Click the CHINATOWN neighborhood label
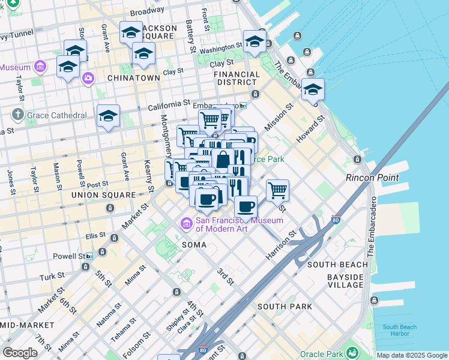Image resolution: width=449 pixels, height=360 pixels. pos(134,78)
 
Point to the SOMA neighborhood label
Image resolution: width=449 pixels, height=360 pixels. pos(194,245)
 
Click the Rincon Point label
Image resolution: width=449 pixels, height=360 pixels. pos(372,178)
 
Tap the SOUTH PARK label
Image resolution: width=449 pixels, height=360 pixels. pos(285,307)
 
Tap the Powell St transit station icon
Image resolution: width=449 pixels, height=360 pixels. pos(89,256)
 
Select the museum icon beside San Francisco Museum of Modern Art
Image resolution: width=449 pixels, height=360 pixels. pos(186,224)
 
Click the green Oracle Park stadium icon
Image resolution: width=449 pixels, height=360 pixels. pos(352,351)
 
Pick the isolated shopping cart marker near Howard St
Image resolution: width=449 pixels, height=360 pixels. pos(277,191)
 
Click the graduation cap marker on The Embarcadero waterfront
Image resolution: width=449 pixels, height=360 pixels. pos(313,89)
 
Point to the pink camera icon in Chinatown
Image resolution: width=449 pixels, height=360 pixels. pos(88,78)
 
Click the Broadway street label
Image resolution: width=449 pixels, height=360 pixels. pos(147,12)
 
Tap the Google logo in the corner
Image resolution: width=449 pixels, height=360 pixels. pos(20,352)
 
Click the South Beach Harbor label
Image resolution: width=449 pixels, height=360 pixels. pos(399,330)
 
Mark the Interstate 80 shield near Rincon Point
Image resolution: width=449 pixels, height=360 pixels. pos(336,220)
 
